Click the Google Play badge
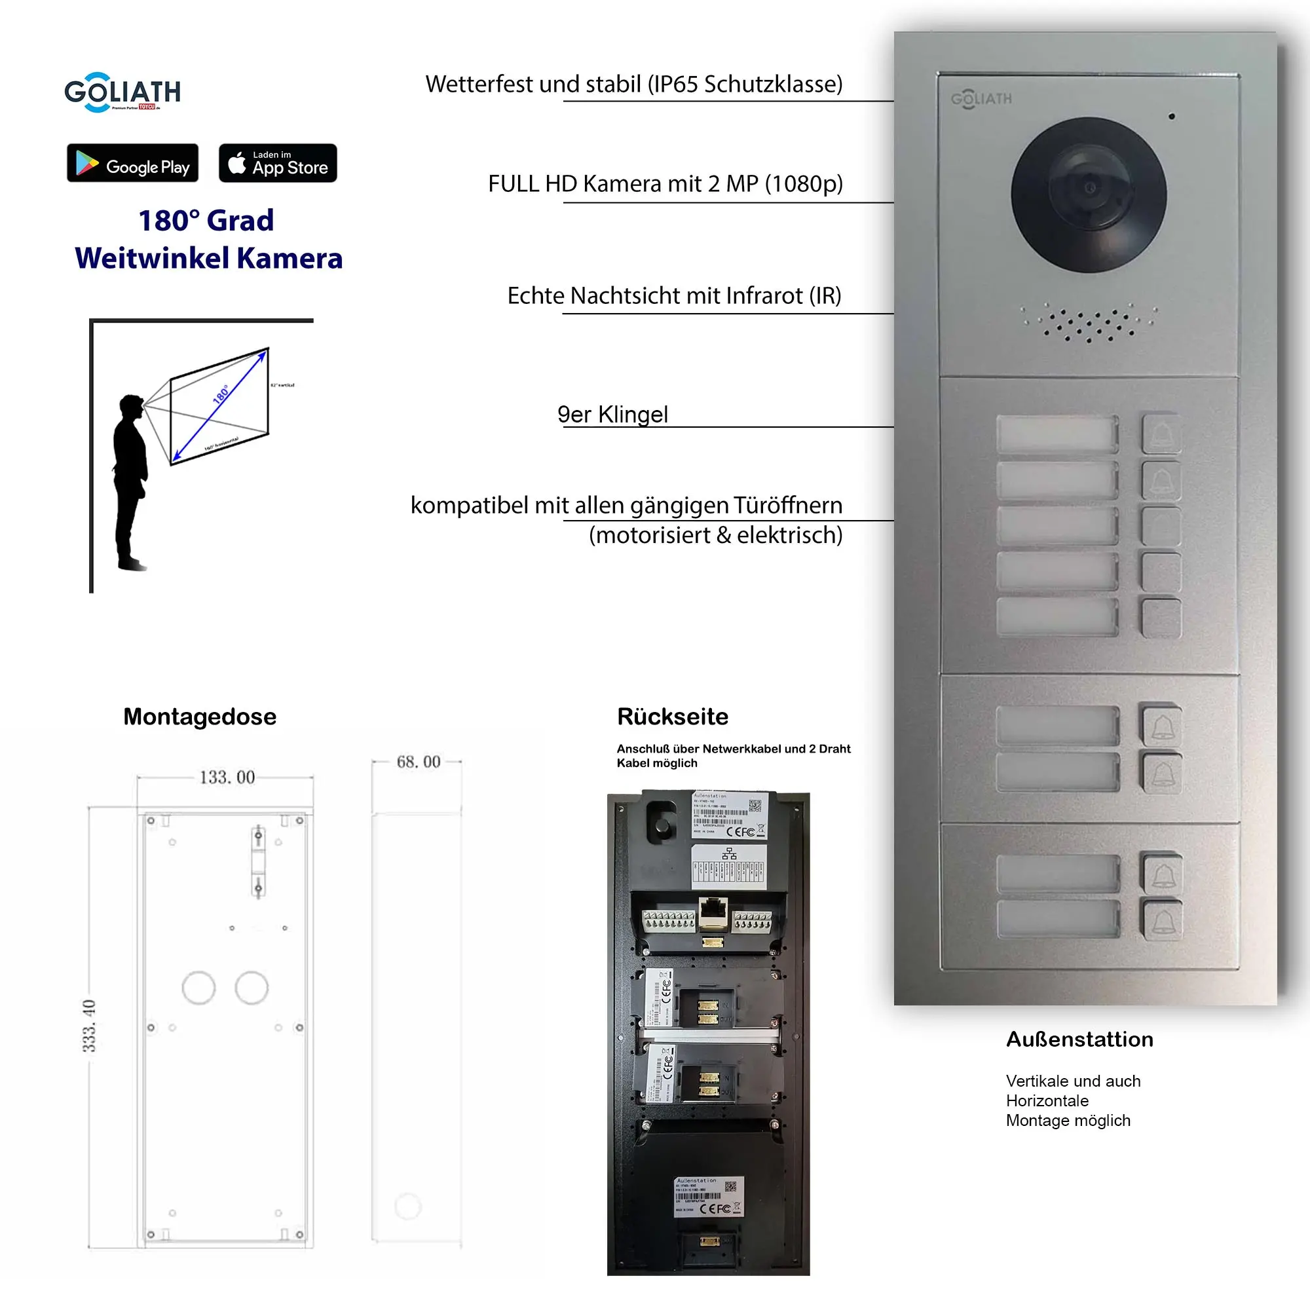(132, 162)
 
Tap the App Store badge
(277, 162)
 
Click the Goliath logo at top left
(122, 92)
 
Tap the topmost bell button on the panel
(1161, 434)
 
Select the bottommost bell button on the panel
(1162, 920)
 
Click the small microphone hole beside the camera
(1172, 117)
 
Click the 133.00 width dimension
(227, 777)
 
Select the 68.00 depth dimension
(419, 762)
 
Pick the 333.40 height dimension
(90, 1026)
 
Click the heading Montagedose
(199, 717)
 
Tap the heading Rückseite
(672, 717)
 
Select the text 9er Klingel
(612, 415)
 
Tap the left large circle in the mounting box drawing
(198, 988)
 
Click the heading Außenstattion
(1079, 1039)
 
